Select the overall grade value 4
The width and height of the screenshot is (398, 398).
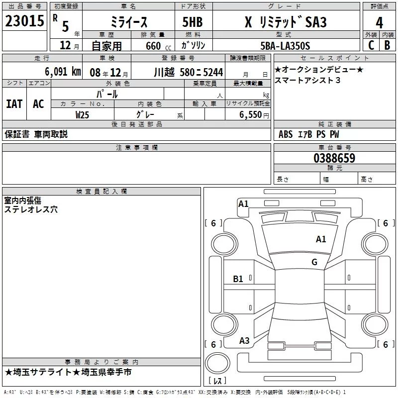tap(379, 22)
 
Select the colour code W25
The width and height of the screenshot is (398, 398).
tap(83, 115)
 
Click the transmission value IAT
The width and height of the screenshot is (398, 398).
tap(14, 103)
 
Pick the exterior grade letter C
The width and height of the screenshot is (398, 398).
tap(371, 45)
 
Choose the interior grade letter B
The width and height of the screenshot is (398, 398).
tap(388, 45)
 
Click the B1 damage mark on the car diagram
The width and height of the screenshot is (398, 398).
tap(238, 279)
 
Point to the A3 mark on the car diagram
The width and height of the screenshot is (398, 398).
tap(244, 341)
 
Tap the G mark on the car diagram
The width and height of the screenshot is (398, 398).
tap(314, 262)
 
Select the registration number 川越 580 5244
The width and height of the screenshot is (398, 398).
tap(189, 72)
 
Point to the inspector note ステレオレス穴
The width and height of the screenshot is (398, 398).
tap(31, 209)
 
